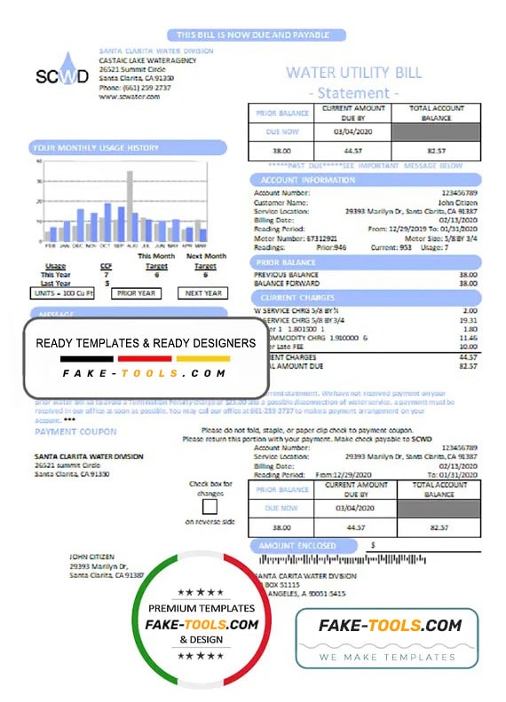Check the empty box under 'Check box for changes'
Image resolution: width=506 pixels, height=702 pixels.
pyautogui.click(x=210, y=507)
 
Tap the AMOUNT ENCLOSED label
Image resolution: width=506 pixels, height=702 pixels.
pyautogui.click(x=298, y=546)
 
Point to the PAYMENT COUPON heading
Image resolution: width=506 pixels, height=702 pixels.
pyautogui.click(x=75, y=432)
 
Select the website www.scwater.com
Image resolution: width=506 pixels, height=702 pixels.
pyautogui.click(x=130, y=97)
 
